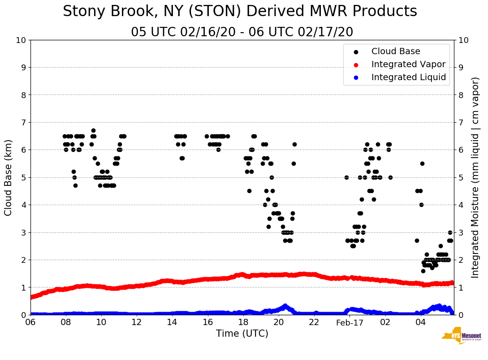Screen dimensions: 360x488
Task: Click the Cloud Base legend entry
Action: point(395,51)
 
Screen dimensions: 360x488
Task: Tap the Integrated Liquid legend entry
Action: point(408,77)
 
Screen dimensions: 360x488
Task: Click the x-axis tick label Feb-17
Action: point(349,322)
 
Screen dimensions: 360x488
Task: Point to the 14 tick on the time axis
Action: point(172,322)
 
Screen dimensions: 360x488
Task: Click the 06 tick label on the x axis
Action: point(30,322)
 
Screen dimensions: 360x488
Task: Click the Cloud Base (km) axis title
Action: point(9,177)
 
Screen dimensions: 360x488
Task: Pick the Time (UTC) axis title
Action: point(242,334)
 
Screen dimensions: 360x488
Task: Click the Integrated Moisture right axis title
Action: point(475,177)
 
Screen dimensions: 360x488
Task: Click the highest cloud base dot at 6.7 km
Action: point(93,131)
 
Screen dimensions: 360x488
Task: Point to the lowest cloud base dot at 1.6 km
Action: point(423,271)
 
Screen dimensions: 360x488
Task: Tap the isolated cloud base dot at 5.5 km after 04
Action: point(422,164)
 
